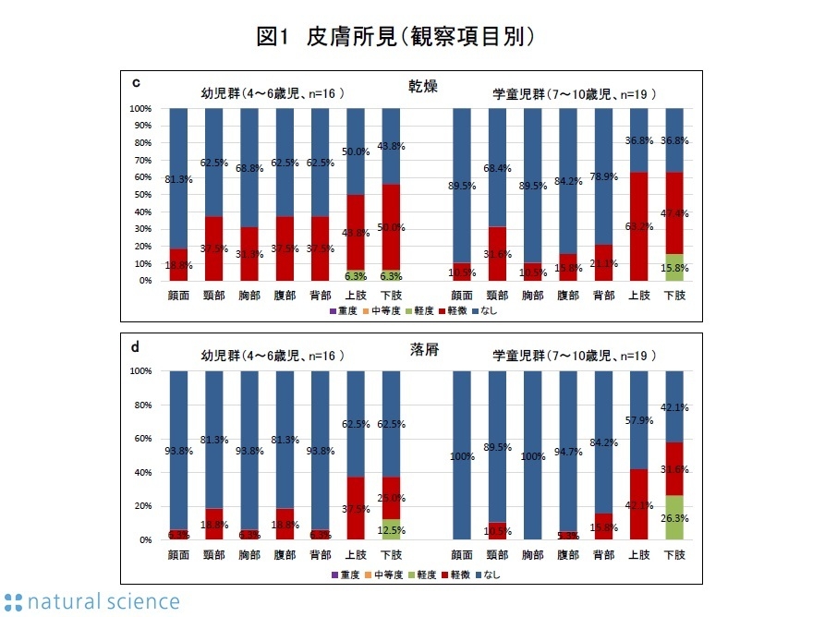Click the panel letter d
[x=136, y=346]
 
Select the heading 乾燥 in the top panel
[x=423, y=86]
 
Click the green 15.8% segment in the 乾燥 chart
[x=675, y=267]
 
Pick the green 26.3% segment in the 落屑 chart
[x=675, y=518]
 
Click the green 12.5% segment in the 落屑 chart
[x=391, y=529]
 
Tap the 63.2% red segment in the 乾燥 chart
[x=640, y=226]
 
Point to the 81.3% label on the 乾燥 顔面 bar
[x=178, y=179]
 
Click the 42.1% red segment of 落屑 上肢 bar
[x=640, y=504]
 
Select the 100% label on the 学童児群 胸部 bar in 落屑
[x=533, y=455]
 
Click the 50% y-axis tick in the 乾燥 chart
[x=142, y=195]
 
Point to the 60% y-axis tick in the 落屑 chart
[x=142, y=439]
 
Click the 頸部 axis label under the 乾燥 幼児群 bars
[x=214, y=296]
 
